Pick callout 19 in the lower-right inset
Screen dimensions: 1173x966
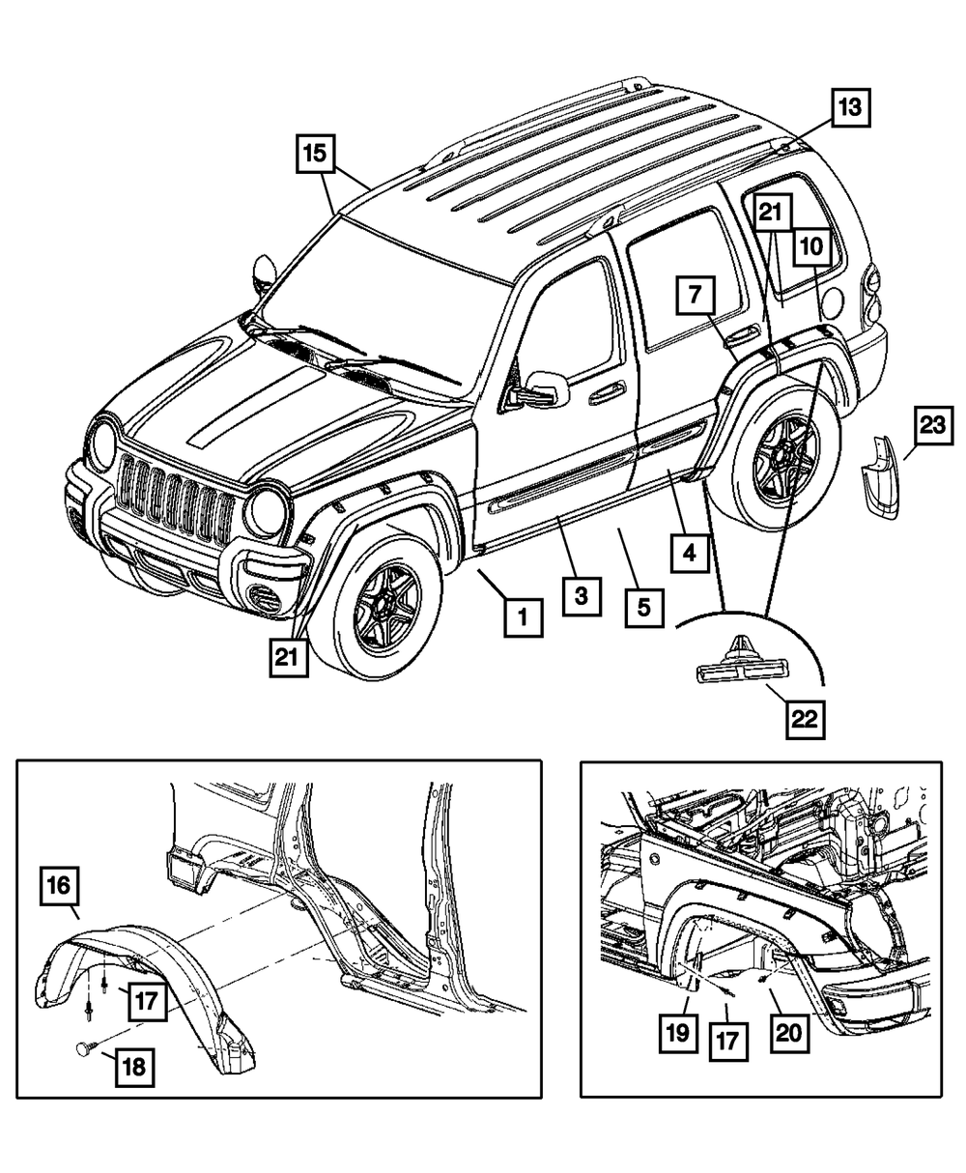click(x=678, y=1032)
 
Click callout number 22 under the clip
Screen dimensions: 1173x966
click(x=806, y=718)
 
